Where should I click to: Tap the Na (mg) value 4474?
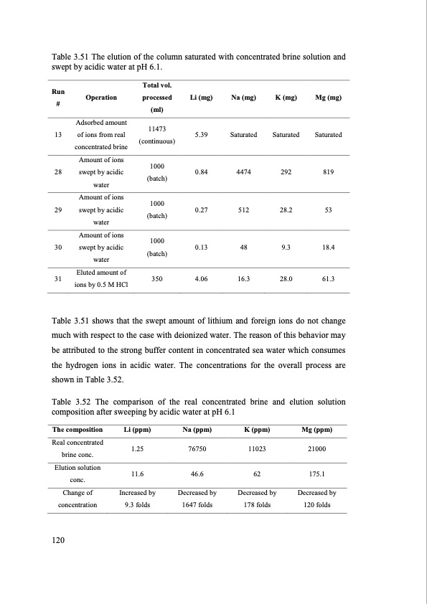tap(244, 172)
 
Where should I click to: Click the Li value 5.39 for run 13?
tap(201, 135)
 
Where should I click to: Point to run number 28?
tap(57, 172)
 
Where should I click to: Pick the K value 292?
tap(286, 172)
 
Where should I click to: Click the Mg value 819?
tap(328, 172)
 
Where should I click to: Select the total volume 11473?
tap(156, 128)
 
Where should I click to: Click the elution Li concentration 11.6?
tap(136, 474)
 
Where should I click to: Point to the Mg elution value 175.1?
tap(317, 474)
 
